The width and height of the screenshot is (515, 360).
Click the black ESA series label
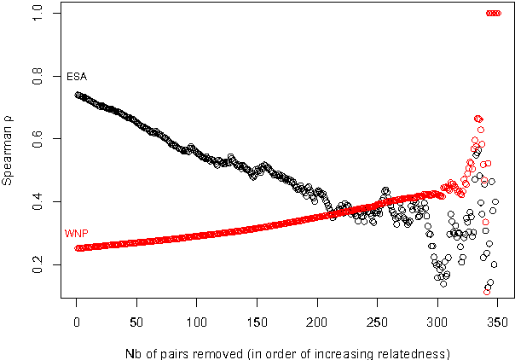click(x=77, y=77)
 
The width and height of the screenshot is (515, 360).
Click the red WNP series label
click(x=75, y=233)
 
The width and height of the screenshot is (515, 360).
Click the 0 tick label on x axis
click(x=76, y=324)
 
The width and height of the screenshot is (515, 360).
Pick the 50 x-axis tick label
click(x=136, y=324)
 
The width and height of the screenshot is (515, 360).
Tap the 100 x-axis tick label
click(x=196, y=324)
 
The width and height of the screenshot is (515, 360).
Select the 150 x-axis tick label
click(x=257, y=324)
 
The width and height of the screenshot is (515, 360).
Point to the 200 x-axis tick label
click(x=317, y=324)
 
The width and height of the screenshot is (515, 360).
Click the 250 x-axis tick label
click(x=377, y=324)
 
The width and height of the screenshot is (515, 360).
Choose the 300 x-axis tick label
click(x=437, y=324)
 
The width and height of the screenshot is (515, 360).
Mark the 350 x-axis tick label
click(x=498, y=324)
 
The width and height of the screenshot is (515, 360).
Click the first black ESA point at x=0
click(x=78, y=95)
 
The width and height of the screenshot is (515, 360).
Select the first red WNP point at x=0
click(x=78, y=248)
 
